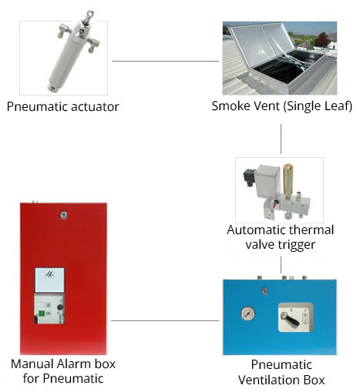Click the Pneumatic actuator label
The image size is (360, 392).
[x=62, y=106]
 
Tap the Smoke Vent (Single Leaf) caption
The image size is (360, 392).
[x=281, y=106]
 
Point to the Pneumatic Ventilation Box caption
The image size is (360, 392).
[x=281, y=372]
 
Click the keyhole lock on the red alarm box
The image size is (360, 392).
[x=63, y=215]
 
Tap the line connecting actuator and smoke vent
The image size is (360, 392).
[x=165, y=61]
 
